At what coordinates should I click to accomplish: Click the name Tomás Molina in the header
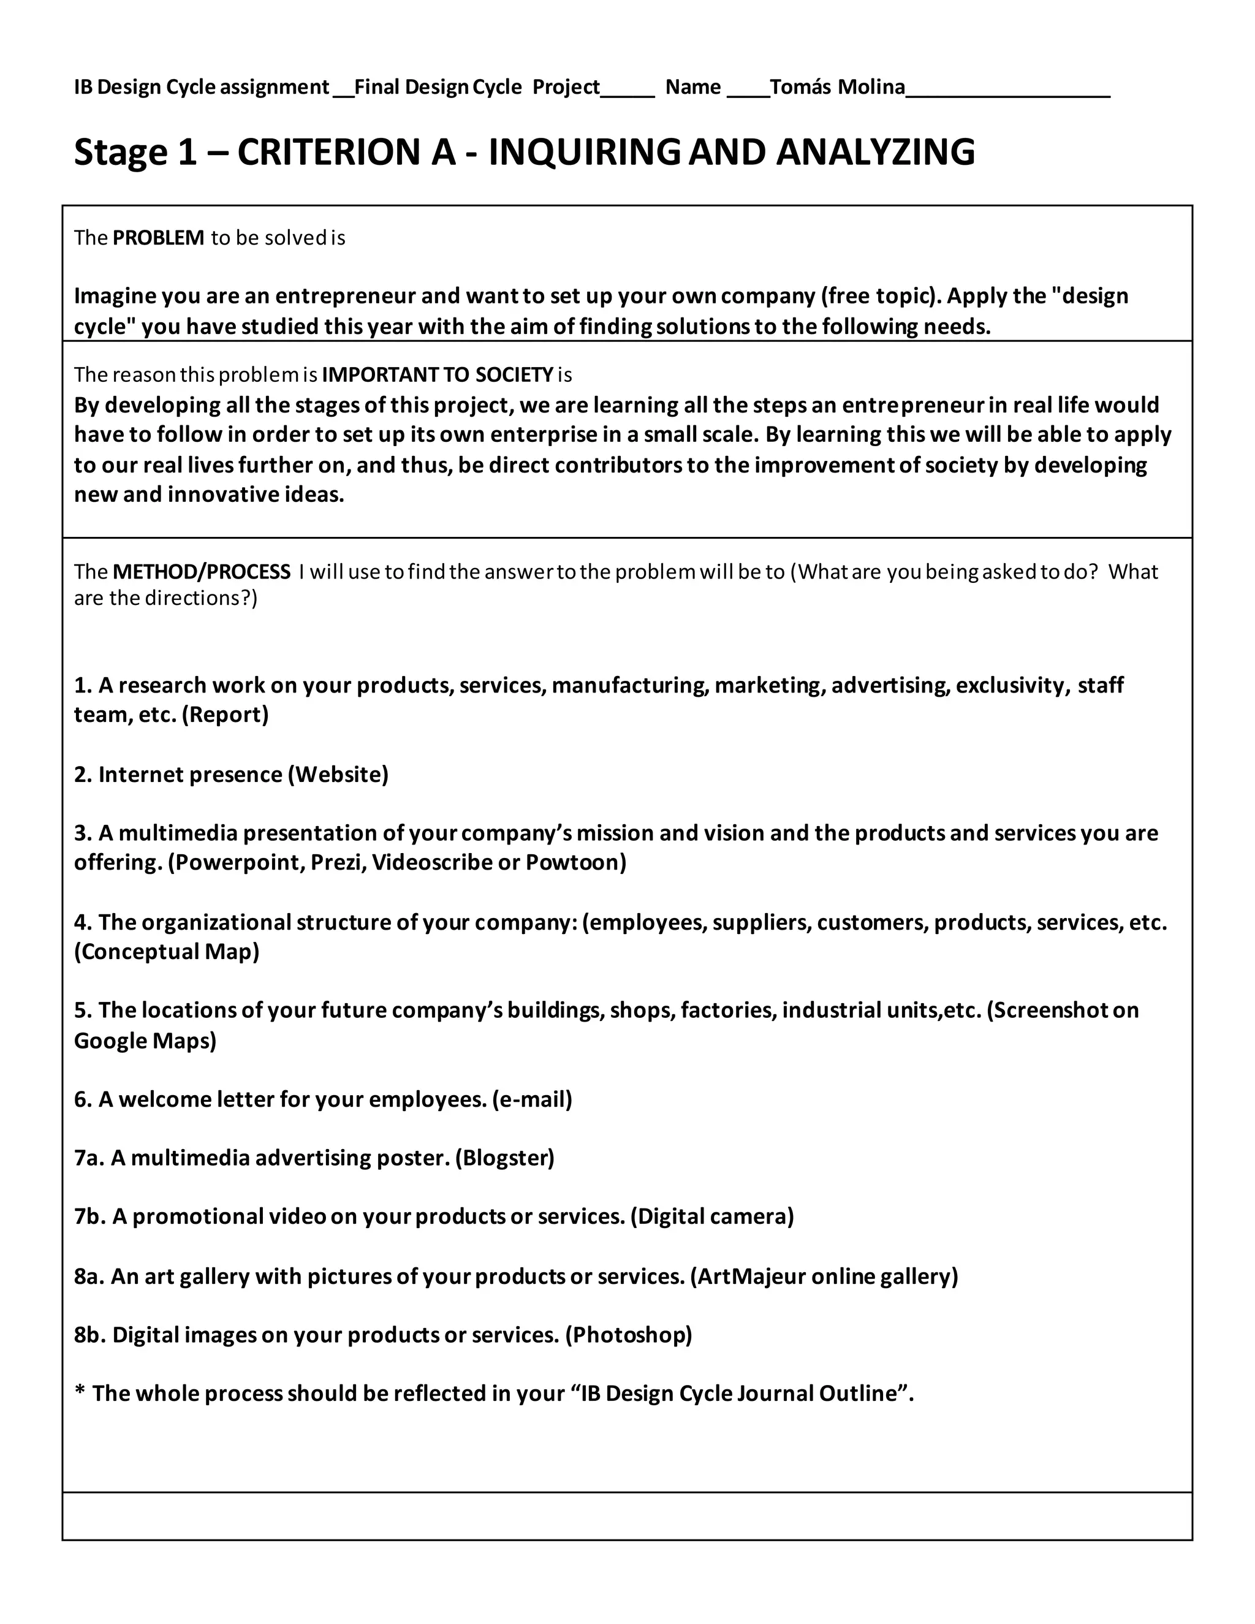coord(837,88)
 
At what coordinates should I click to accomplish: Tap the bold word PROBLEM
coord(157,238)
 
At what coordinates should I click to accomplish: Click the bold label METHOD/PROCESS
coord(201,572)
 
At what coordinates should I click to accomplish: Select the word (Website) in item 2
coord(338,775)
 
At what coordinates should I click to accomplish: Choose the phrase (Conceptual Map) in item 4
coord(167,952)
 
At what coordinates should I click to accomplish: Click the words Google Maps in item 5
coord(145,1041)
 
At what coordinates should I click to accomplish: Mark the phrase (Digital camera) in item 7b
coord(711,1216)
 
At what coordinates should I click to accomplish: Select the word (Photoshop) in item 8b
coord(628,1335)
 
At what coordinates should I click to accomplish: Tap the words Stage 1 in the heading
coord(135,152)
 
